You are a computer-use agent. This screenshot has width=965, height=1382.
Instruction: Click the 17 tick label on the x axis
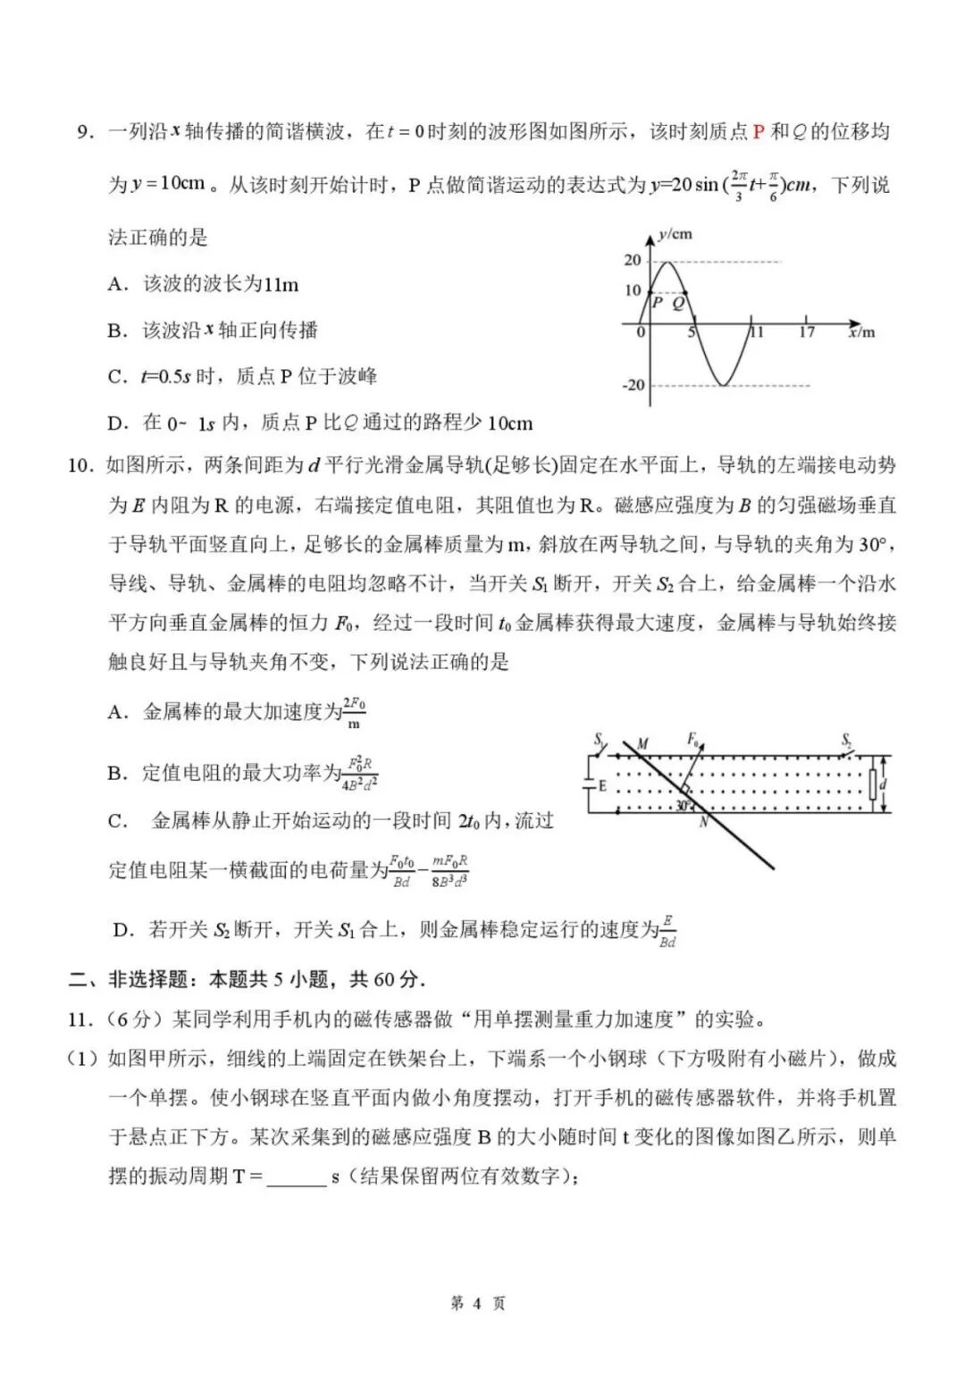[x=806, y=332]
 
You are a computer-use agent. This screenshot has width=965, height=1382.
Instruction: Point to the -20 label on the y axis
[x=633, y=385]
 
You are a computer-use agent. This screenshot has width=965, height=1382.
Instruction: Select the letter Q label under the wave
[x=678, y=304]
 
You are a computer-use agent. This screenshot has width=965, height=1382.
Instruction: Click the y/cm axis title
[x=675, y=235]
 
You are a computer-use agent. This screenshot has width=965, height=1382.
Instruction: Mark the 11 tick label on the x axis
[x=757, y=332]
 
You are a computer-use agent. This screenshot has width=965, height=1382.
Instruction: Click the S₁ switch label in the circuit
[x=600, y=739]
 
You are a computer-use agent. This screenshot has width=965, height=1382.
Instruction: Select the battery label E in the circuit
[x=602, y=786]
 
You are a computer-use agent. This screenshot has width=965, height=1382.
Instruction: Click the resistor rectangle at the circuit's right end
[x=873, y=784]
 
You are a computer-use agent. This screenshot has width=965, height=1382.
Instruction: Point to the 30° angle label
[x=684, y=806]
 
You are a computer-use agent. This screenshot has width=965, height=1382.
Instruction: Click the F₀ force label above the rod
[x=693, y=739]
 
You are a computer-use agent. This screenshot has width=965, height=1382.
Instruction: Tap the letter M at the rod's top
[x=642, y=743]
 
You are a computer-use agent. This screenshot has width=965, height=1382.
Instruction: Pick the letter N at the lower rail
[x=703, y=822]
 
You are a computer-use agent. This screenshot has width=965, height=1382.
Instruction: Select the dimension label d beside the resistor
[x=883, y=784]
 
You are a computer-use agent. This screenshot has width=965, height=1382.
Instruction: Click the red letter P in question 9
[x=758, y=132]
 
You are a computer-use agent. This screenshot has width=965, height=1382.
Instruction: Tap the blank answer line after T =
[x=296, y=1177]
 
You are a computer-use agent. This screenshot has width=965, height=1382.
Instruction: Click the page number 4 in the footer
[x=476, y=1304]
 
